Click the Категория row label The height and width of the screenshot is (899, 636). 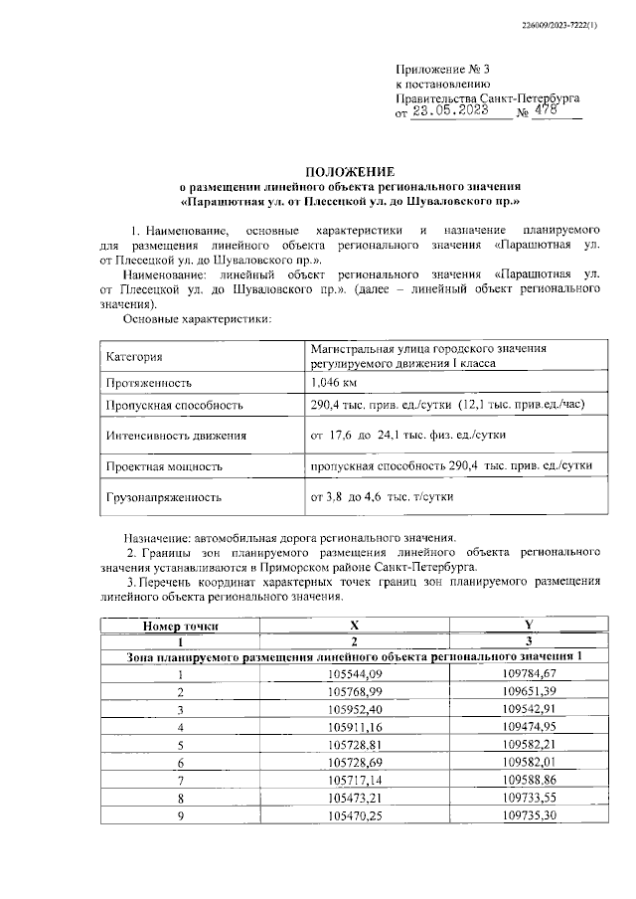pos(134,356)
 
